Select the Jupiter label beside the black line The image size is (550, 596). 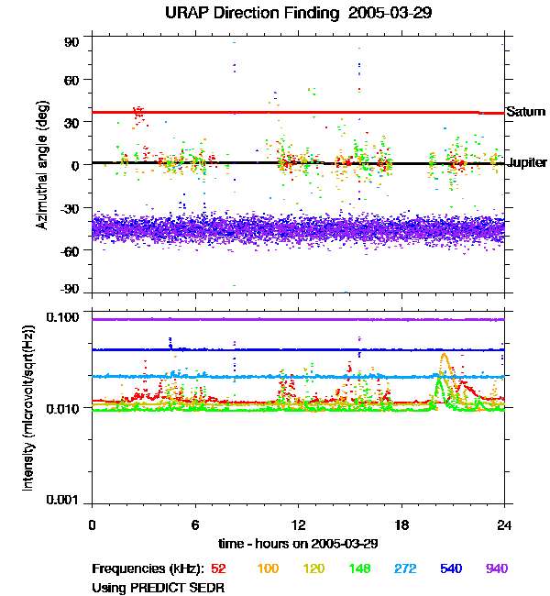[527, 162]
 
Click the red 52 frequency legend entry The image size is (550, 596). [219, 569]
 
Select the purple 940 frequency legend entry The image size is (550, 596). [496, 569]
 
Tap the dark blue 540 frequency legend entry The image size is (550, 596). [451, 569]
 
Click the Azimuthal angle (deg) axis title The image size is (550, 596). [42, 166]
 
